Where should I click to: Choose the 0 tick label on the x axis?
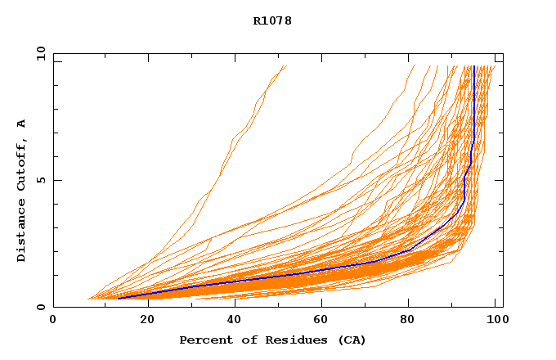click(x=53, y=320)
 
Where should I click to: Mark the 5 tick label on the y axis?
click(x=40, y=180)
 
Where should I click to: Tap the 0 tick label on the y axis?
click(x=40, y=307)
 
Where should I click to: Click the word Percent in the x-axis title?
click(x=202, y=340)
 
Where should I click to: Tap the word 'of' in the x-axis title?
click(x=241, y=340)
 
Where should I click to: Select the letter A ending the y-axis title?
click(x=21, y=124)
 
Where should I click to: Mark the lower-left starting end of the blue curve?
click(x=119, y=298)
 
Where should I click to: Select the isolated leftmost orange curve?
click(x=221, y=173)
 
